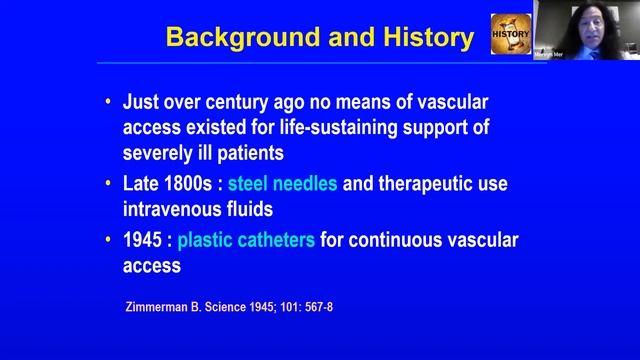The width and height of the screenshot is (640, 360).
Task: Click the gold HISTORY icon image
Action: [509, 34]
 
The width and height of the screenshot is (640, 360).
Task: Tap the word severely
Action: [159, 153]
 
